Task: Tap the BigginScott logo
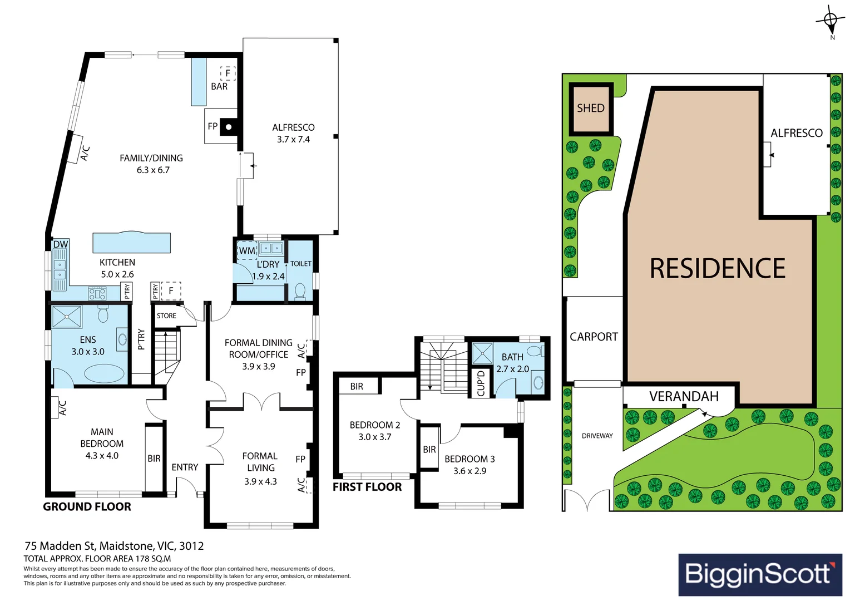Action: pos(760,574)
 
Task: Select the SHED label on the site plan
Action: pos(590,108)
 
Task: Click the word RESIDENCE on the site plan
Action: pos(717,268)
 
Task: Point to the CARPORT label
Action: pos(594,337)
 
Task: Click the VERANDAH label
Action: pos(684,396)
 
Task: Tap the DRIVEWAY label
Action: pos(597,436)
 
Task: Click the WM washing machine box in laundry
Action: pos(247,250)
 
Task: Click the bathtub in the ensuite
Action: pos(104,373)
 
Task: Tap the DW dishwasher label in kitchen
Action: pos(61,244)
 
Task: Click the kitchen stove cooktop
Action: pos(97,293)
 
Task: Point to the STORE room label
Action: pos(166,316)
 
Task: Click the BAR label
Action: pos(219,87)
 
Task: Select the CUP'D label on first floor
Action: pos(481,383)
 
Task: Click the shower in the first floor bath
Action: pos(482,353)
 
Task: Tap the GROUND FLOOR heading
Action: pos(87,506)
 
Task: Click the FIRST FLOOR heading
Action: pos(367,487)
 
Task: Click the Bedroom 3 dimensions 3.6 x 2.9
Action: pos(470,471)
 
